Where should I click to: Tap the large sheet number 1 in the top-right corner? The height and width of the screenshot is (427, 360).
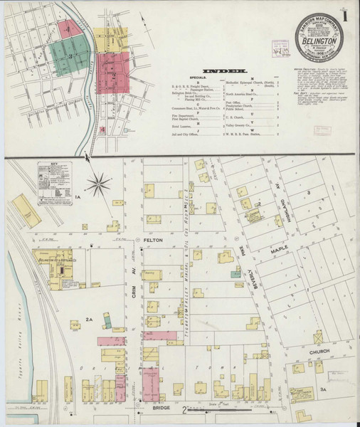tap(348, 14)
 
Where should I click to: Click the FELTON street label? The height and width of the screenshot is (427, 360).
tap(154, 241)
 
